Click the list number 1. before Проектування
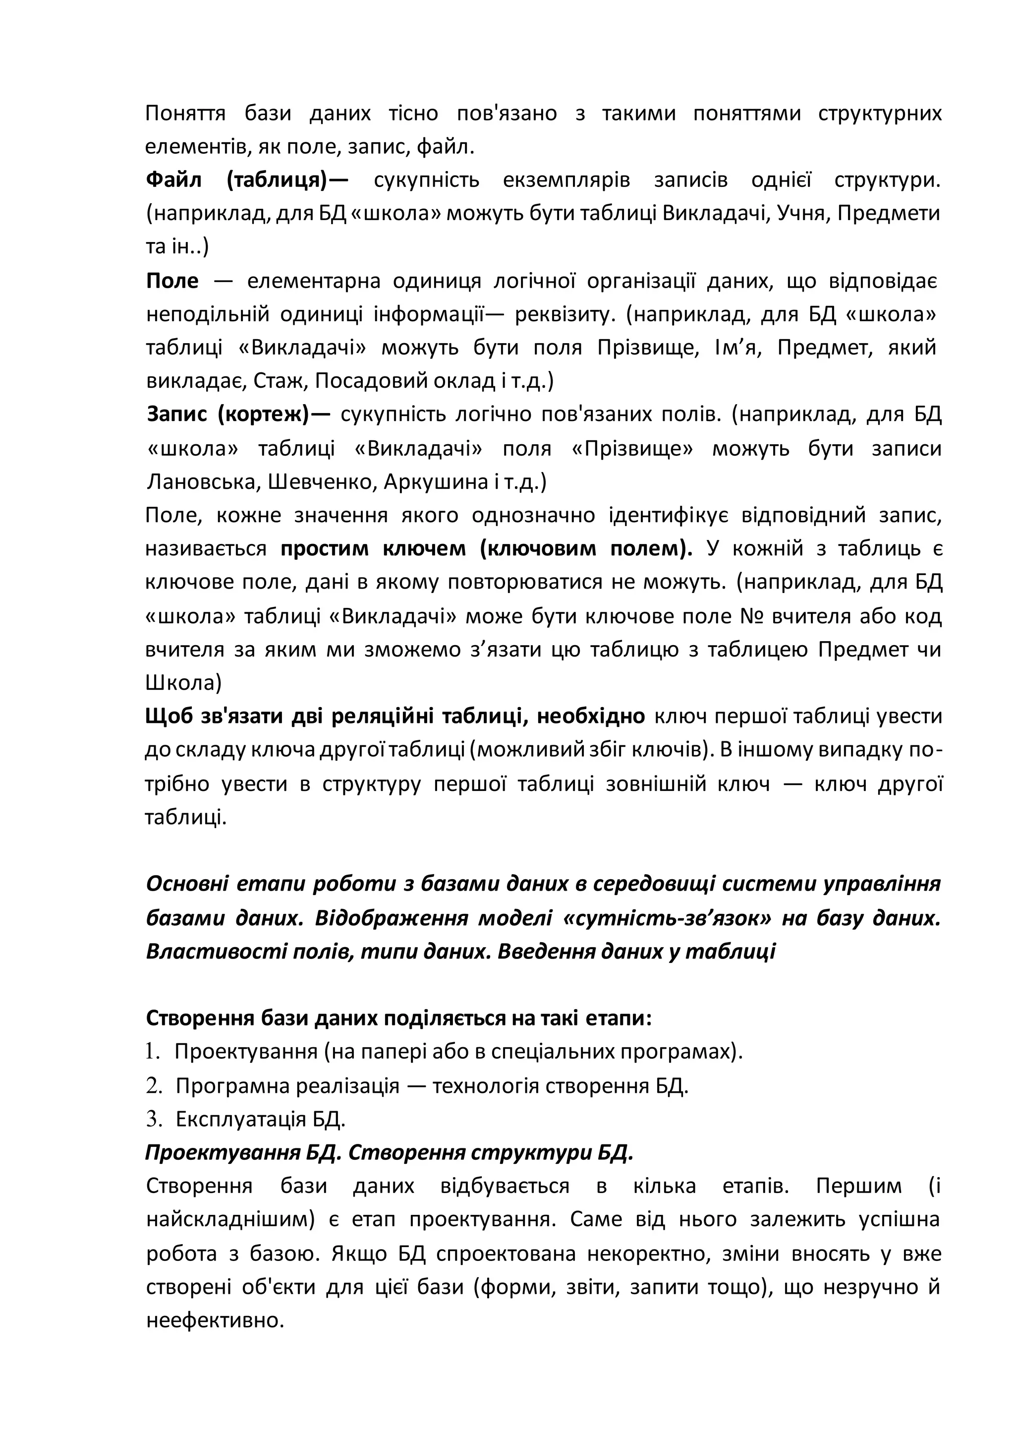153,1052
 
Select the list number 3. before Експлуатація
154,1119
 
